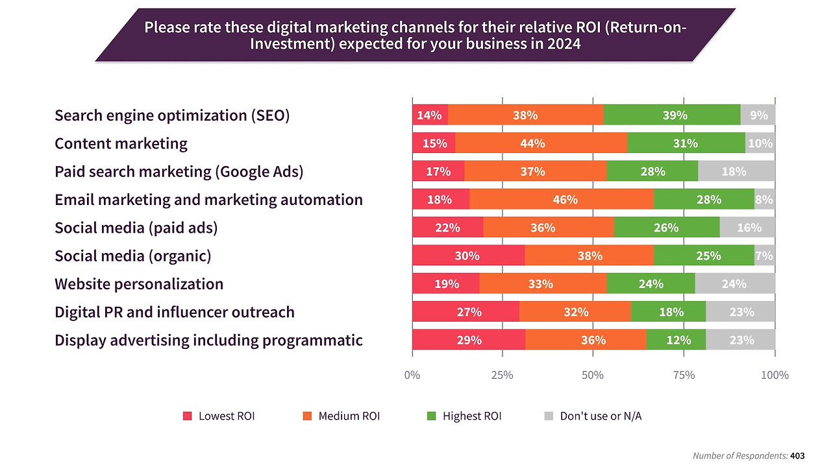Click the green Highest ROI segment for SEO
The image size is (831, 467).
[672, 115]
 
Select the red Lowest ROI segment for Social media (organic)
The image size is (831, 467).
[468, 256]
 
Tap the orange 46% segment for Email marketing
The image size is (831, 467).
[562, 199]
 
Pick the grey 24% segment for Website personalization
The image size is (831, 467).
[735, 283]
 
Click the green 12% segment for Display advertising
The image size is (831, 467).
[676, 340]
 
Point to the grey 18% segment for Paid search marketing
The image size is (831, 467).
[736, 171]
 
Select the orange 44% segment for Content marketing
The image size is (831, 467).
[541, 143]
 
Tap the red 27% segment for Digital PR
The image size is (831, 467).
[465, 312]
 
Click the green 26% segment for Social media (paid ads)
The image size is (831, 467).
[666, 228]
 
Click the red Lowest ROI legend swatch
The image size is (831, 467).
[188, 416]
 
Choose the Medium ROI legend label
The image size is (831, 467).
[349, 416]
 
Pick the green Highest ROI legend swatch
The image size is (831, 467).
[431, 416]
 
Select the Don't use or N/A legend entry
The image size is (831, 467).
[601, 416]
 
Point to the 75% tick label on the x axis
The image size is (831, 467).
[684, 375]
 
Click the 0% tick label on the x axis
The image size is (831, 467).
[412, 375]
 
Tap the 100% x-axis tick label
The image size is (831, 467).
[774, 375]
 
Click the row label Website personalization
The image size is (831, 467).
[139, 284]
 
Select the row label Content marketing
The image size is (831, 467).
[121, 143]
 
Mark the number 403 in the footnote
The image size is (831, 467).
[797, 456]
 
